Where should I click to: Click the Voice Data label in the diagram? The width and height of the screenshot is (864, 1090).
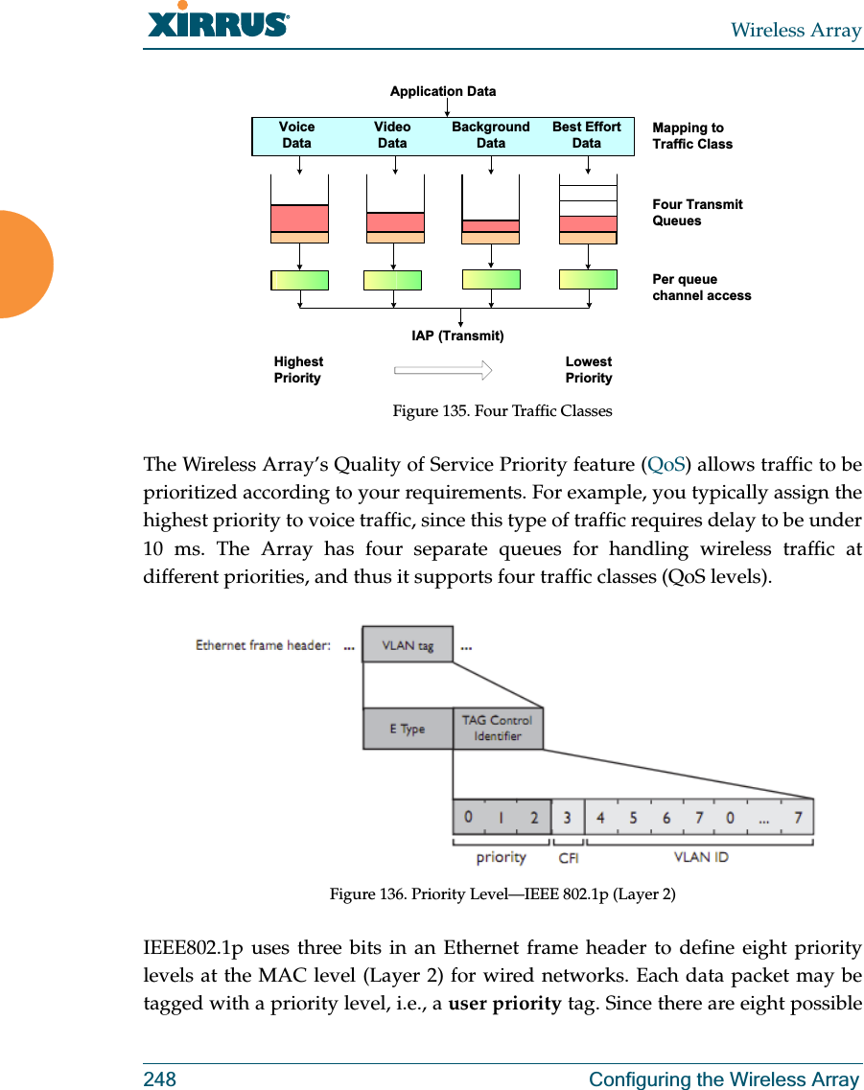(296, 135)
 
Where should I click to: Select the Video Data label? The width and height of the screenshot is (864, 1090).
(392, 135)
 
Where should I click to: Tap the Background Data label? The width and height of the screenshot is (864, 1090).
(490, 135)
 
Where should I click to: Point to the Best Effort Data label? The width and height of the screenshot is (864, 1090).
(587, 135)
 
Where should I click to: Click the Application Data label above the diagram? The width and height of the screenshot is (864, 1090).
(443, 91)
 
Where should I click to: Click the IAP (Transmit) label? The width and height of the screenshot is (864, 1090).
(457, 336)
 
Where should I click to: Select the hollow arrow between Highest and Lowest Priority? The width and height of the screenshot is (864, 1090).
(443, 370)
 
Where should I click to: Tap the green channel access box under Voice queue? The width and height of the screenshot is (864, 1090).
(300, 280)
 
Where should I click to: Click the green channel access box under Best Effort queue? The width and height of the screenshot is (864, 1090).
(588, 279)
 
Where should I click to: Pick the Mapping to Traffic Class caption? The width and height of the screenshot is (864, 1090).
(691, 136)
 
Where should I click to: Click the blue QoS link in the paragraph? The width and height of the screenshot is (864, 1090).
(666, 465)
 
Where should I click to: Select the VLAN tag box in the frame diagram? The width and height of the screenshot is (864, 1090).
(408, 646)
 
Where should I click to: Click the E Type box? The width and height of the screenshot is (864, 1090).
(407, 729)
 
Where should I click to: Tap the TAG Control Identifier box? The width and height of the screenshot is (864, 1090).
(497, 729)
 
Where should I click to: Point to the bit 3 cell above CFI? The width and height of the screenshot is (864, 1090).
(568, 818)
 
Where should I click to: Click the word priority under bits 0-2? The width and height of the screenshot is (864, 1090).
(501, 857)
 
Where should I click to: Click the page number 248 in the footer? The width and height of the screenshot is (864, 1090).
(159, 1079)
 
